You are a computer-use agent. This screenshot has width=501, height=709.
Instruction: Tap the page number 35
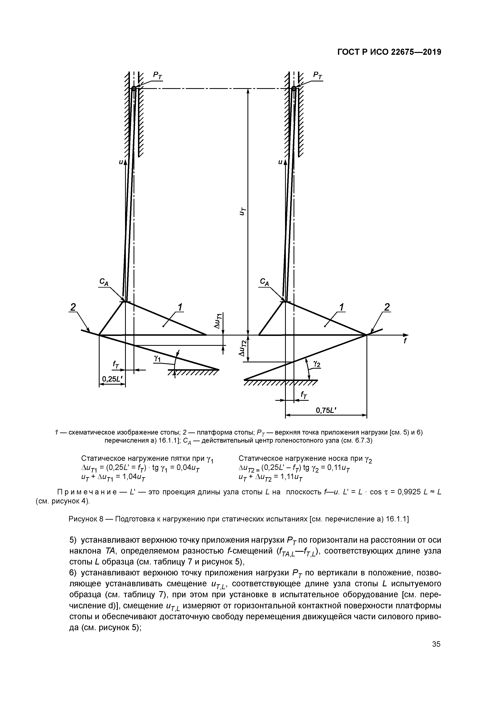[x=436, y=659]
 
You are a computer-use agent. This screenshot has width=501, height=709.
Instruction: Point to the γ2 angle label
[x=317, y=364]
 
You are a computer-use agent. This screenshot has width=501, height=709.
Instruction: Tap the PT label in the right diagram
[x=318, y=75]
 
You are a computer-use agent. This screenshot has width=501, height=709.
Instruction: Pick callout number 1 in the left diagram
[x=180, y=308]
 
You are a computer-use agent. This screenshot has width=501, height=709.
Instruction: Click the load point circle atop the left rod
[x=134, y=89]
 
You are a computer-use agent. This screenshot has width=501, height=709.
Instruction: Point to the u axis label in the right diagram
[x=280, y=162]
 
